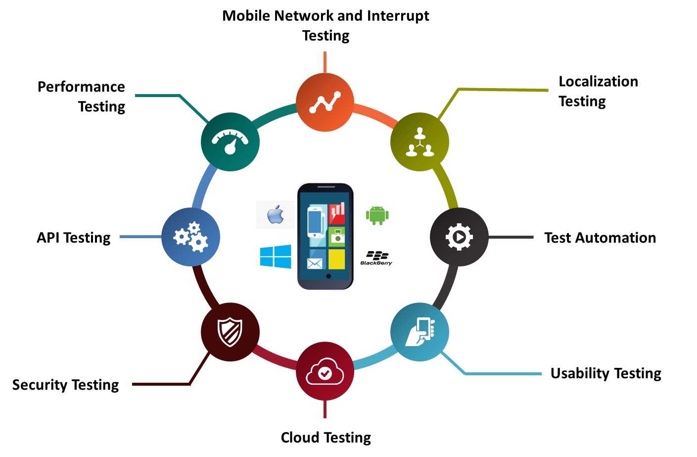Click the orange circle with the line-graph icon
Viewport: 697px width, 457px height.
tap(325, 102)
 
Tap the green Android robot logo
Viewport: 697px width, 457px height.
tap(377, 215)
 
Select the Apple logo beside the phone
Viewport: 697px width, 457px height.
tap(276, 215)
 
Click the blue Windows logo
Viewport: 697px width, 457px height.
tap(276, 256)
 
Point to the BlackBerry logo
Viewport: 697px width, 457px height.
tap(376, 258)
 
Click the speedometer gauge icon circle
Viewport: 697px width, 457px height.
tap(230, 142)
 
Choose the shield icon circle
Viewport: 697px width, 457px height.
tap(230, 332)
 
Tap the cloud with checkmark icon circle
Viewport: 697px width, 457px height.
tap(325, 371)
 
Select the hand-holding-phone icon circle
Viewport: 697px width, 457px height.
tap(420, 332)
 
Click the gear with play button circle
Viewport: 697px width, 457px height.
tap(459, 237)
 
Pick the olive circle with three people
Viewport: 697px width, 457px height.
tap(420, 142)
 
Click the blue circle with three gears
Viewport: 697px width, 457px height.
tap(191, 237)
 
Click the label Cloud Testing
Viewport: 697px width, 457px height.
tap(326, 438)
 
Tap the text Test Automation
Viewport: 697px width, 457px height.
tap(600, 238)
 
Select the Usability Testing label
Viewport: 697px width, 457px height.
tap(606, 373)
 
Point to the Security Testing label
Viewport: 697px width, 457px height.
tap(66, 385)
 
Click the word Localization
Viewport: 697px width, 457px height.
tap(599, 82)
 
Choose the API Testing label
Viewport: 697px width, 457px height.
tap(74, 238)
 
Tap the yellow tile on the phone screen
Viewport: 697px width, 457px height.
tap(337, 259)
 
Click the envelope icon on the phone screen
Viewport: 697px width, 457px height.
tap(315, 264)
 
